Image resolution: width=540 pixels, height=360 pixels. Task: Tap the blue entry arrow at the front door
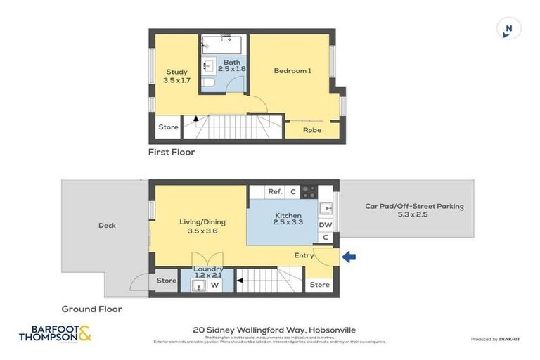click(349, 257)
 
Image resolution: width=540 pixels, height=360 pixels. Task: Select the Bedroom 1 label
click(292, 70)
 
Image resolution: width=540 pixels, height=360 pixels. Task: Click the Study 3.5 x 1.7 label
click(176, 76)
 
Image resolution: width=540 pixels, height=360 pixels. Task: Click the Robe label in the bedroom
click(312, 130)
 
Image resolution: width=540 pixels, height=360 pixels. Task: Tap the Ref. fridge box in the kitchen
click(275, 191)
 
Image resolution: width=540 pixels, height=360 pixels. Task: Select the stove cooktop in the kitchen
click(309, 191)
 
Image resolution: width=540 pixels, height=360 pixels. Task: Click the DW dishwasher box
click(326, 225)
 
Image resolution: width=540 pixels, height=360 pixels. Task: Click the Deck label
click(107, 226)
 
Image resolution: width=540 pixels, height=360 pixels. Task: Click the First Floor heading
click(171, 152)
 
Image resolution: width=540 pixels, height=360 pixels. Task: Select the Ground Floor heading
click(91, 309)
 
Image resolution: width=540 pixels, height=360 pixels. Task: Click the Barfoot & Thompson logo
click(55, 333)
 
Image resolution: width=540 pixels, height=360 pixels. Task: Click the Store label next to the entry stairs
click(319, 285)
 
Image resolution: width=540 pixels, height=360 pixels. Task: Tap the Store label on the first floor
click(168, 127)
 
